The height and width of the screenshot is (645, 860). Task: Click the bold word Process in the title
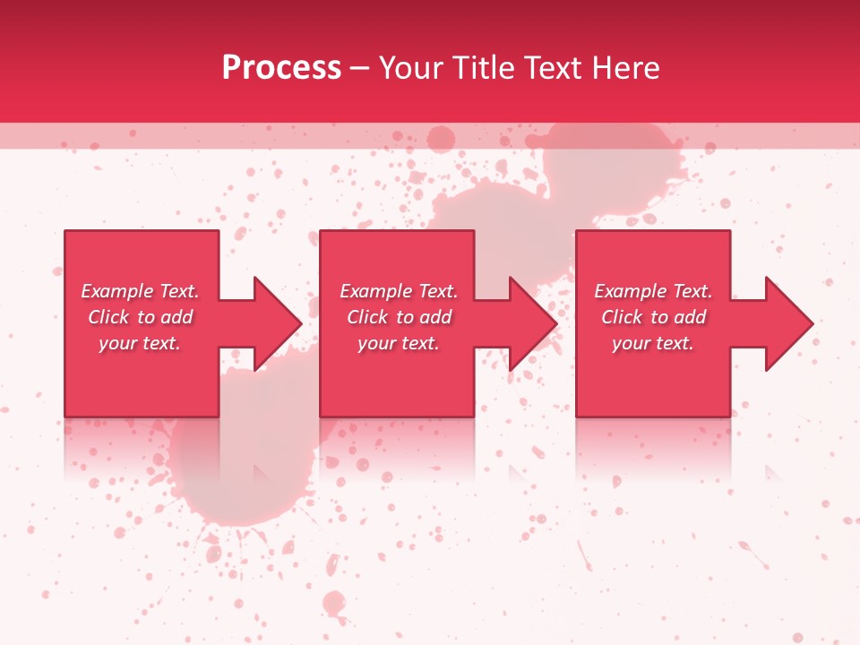[x=281, y=68]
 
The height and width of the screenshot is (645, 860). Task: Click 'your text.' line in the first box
[x=139, y=343]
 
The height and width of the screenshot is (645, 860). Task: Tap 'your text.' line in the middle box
[x=398, y=343]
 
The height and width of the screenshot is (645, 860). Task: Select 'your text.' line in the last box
[x=652, y=343]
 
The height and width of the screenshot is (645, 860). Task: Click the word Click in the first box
[x=108, y=317]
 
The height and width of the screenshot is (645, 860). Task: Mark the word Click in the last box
[x=622, y=317]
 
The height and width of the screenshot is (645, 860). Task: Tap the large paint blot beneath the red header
[x=609, y=170]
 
